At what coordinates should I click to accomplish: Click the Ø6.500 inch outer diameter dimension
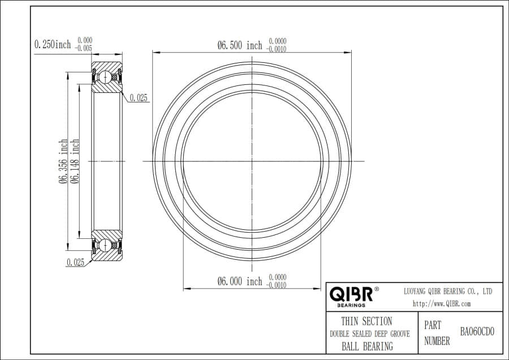[240, 45]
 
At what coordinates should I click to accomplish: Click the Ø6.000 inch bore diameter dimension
[240, 281]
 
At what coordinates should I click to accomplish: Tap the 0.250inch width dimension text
[53, 44]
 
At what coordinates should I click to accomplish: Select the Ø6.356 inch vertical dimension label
[63, 161]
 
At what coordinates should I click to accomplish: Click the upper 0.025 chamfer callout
[139, 98]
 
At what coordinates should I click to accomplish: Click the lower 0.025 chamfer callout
[75, 262]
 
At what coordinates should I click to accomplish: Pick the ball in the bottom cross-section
[105, 245]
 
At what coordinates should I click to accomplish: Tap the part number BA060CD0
[477, 332]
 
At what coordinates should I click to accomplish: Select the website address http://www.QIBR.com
[442, 304]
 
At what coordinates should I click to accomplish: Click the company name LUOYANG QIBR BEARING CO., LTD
[447, 291]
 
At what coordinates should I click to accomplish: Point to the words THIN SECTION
[366, 322]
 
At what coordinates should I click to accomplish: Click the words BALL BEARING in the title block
[367, 346]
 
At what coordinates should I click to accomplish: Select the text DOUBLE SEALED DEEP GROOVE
[369, 334]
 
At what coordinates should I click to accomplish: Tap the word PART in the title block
[433, 326]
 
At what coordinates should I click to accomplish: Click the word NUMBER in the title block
[437, 341]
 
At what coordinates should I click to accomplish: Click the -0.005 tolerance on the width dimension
[84, 48]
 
